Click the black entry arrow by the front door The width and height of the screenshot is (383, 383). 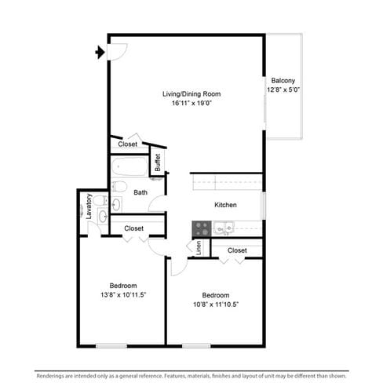[x=100, y=53]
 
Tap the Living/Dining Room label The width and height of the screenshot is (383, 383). [x=191, y=94]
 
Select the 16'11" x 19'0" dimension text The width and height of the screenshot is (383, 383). [x=191, y=103]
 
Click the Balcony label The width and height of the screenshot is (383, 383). [x=283, y=81]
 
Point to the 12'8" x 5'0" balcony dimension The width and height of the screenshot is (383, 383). [x=283, y=89]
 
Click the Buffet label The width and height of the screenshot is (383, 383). [x=158, y=162]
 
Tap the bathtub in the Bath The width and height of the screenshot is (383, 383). [x=129, y=166]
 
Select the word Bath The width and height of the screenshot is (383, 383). [x=140, y=192]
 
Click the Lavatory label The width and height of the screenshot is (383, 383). [x=89, y=206]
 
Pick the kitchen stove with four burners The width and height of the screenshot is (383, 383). [x=202, y=229]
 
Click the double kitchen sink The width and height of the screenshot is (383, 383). [x=224, y=228]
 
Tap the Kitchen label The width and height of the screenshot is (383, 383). [x=225, y=205]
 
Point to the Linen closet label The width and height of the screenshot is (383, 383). [x=199, y=248]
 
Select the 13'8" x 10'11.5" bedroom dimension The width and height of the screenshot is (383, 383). [x=123, y=295]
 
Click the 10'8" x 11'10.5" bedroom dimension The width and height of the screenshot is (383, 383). [x=216, y=305]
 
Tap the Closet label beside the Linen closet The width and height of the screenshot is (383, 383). [x=237, y=250]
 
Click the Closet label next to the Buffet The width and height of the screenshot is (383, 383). [x=127, y=144]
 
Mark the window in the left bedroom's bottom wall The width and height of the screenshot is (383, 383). [x=111, y=346]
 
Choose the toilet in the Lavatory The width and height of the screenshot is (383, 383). [x=100, y=201]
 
